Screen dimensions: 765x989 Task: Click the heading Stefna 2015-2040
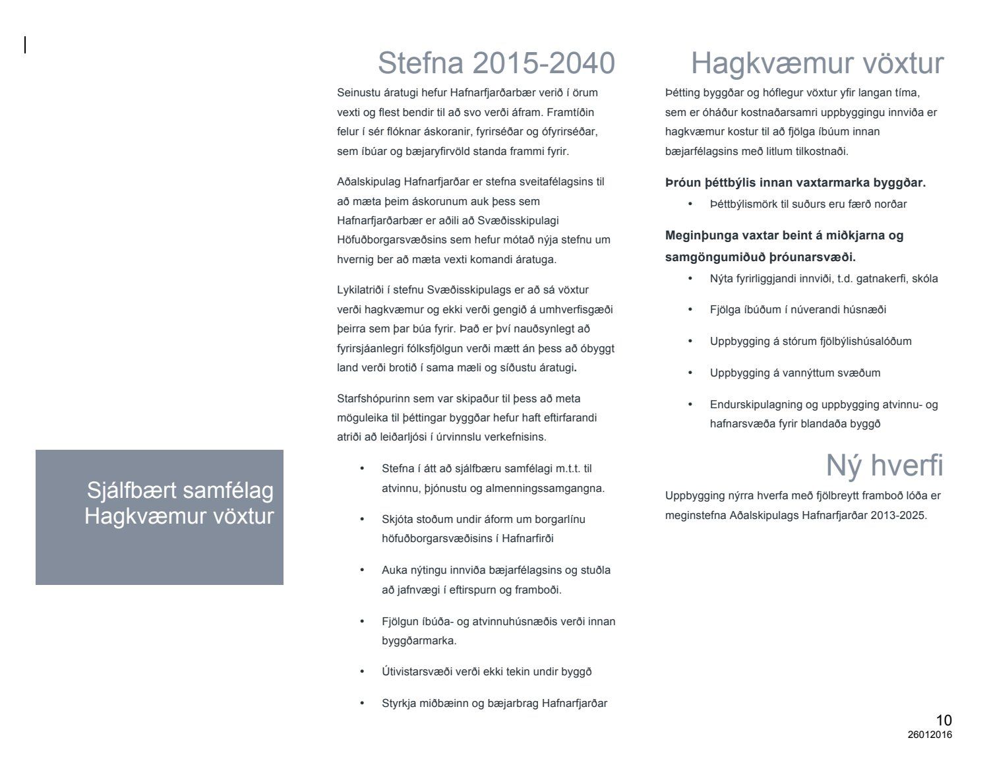point(496,63)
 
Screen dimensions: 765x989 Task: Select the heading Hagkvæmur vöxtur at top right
point(817,63)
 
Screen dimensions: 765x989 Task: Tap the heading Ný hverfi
point(884,466)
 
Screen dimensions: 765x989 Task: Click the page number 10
point(944,721)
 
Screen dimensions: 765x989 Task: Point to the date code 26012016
point(930,735)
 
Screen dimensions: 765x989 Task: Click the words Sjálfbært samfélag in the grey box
point(180,491)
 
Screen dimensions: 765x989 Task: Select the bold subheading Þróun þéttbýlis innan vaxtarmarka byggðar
point(795,183)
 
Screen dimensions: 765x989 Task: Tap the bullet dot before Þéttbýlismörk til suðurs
point(690,204)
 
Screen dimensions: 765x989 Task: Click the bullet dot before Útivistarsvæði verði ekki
point(362,672)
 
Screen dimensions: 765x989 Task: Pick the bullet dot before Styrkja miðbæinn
point(362,704)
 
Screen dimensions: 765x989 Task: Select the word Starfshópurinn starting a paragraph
point(371,398)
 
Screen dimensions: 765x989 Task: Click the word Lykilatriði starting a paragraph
point(362,290)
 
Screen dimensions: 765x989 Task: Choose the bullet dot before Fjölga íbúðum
point(690,310)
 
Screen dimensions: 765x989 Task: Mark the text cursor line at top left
point(25,45)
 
